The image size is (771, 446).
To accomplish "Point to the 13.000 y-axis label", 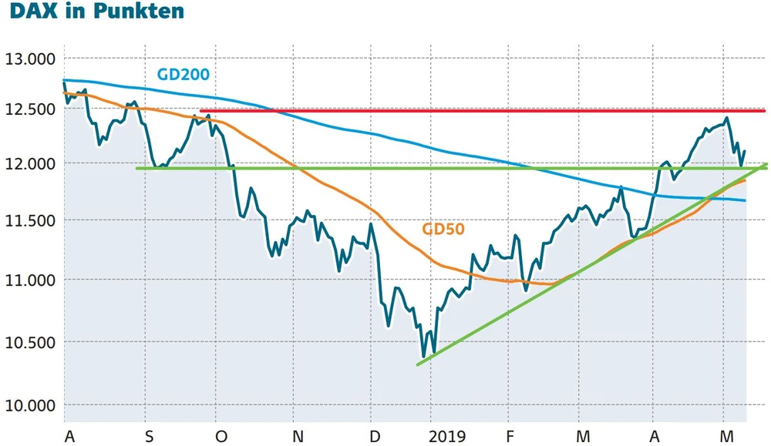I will [30, 59].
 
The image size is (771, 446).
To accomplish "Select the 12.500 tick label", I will [30, 109].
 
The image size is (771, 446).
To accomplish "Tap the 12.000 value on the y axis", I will [30, 164].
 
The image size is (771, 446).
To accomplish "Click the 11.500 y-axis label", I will [30, 221].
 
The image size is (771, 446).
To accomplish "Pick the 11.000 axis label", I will [30, 280].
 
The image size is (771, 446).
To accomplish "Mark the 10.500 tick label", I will [30, 342].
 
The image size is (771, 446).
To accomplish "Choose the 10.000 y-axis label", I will [30, 405].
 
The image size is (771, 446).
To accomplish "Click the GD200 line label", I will [183, 75].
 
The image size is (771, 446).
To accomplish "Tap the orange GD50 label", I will [443, 229].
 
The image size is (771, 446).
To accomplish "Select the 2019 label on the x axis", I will [447, 437].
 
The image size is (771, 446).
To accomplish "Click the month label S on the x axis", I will [149, 437].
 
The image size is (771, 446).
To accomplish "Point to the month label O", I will [221, 437].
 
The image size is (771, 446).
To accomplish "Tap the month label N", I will [298, 437].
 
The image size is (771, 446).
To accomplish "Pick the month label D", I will [375, 437].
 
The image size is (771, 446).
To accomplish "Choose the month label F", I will [510, 437].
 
